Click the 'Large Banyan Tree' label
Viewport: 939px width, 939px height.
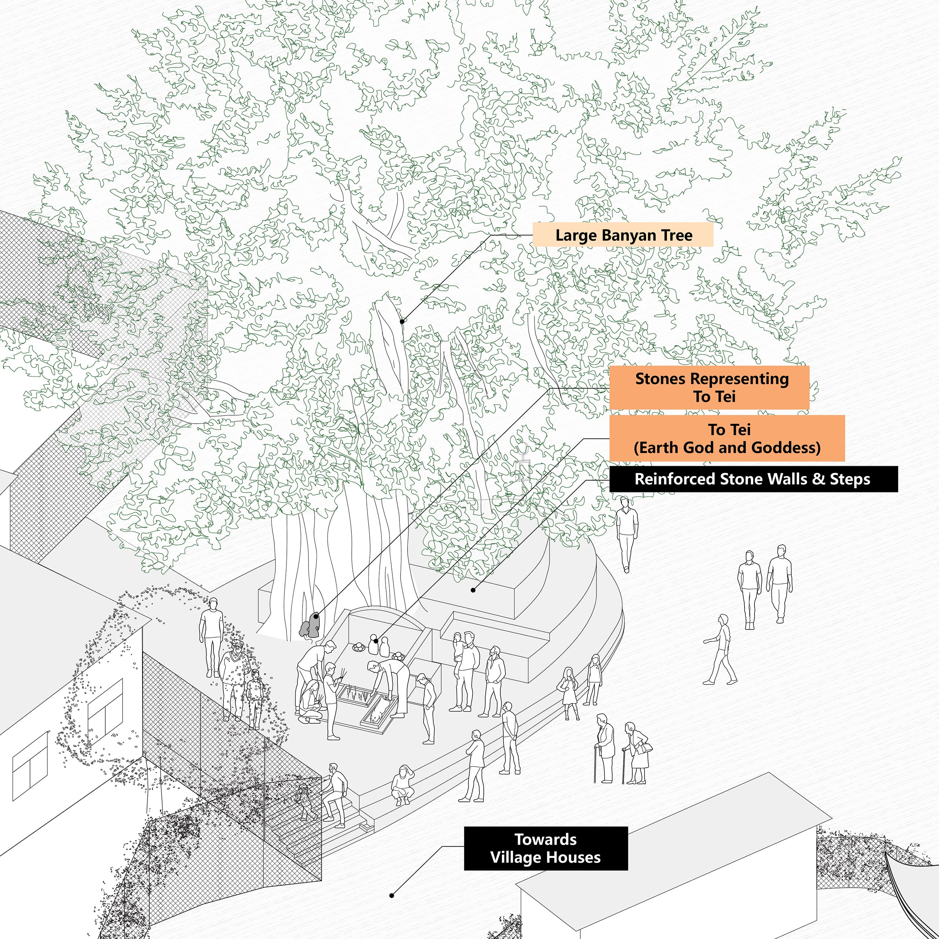click(x=623, y=235)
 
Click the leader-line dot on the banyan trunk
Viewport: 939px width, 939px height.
click(x=402, y=321)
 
